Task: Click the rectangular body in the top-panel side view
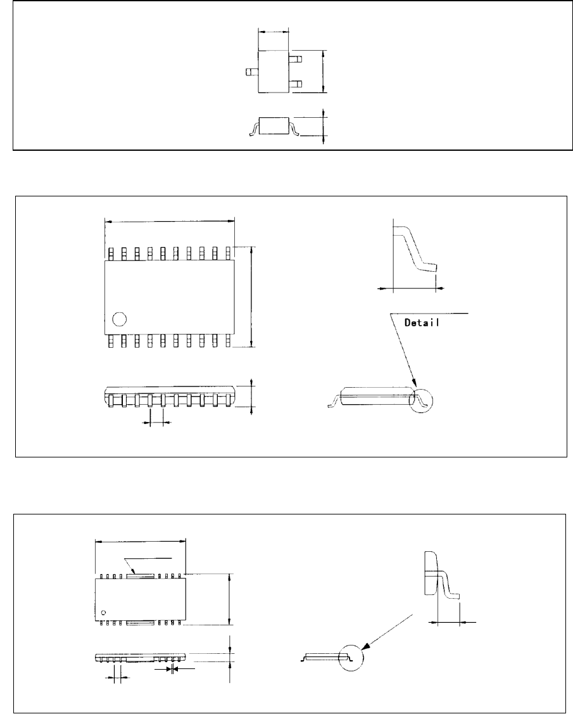pos(275,125)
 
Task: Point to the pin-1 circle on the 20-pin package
pos(118,319)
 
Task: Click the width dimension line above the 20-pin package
pos(169,221)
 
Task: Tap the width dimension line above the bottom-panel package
pos(141,541)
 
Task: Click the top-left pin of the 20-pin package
pos(111,253)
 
